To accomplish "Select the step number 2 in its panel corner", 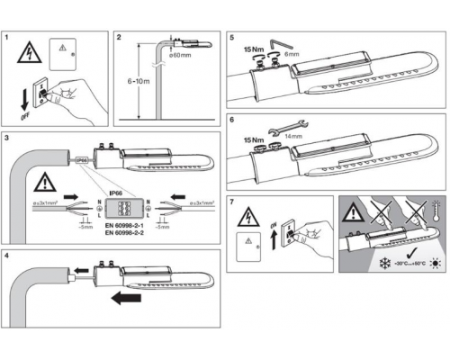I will click(121, 39).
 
